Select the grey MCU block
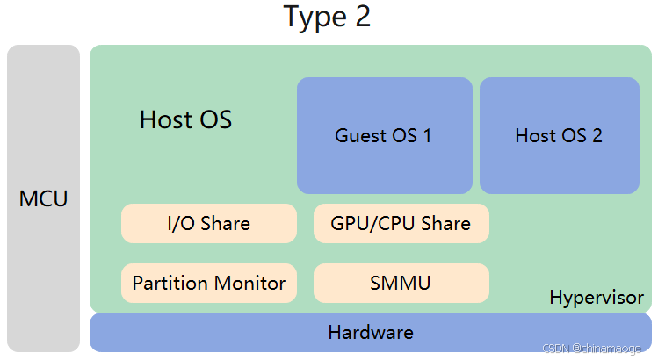(x=43, y=198)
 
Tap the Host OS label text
(x=185, y=119)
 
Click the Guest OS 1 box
(x=384, y=135)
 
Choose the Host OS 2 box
(x=559, y=135)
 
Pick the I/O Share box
(x=208, y=223)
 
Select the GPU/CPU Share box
(x=401, y=223)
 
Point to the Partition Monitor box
(x=208, y=283)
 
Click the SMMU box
(x=401, y=283)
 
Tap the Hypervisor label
(x=596, y=298)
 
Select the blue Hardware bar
(x=370, y=333)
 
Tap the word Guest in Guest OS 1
(x=360, y=135)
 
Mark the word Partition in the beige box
(x=170, y=283)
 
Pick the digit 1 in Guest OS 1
(x=427, y=135)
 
